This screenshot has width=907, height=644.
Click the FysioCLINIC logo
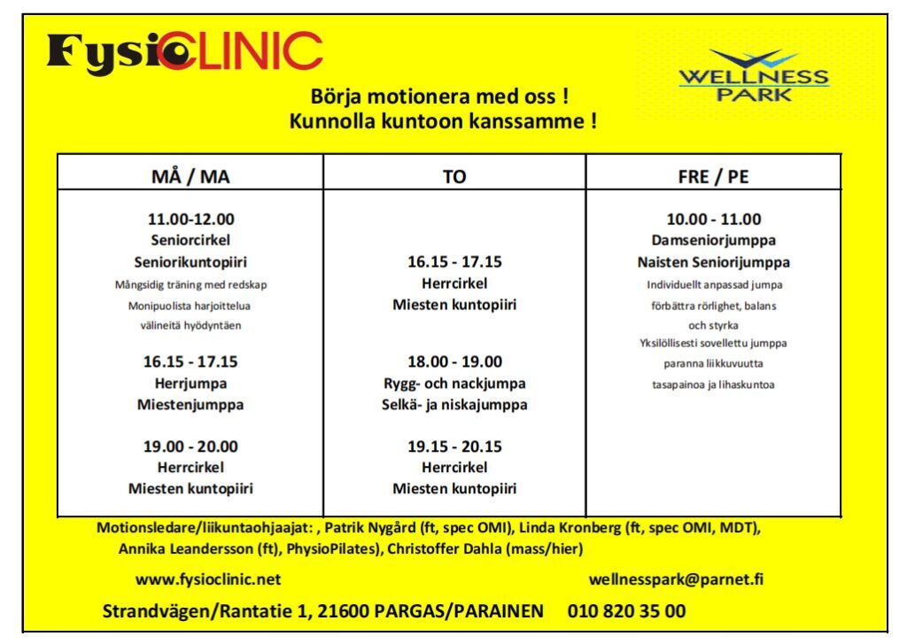[x=184, y=52]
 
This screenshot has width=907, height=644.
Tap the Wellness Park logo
[x=754, y=76]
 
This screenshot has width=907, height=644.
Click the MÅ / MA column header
[x=190, y=176]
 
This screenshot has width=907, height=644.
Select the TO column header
[x=454, y=176]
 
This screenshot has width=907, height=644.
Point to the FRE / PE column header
[x=713, y=176]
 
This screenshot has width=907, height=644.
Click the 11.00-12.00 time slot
[x=190, y=219]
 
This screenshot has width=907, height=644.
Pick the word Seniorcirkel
[x=190, y=240]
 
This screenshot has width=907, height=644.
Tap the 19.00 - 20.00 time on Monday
[x=190, y=446]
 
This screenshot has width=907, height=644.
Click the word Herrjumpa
[x=190, y=384]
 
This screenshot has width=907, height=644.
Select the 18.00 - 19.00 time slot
[x=454, y=362]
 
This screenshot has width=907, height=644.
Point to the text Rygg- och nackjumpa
[x=454, y=384]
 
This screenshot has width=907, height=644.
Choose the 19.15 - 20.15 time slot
[x=454, y=446]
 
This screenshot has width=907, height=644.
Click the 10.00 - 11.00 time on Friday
[x=713, y=219]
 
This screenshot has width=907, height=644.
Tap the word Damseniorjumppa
[x=713, y=240]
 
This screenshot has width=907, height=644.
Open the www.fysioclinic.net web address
[x=208, y=580]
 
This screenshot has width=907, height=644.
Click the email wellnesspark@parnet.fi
[x=676, y=580]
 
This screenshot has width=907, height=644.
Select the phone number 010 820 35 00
[x=626, y=611]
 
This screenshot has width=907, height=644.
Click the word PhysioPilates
[x=331, y=549]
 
